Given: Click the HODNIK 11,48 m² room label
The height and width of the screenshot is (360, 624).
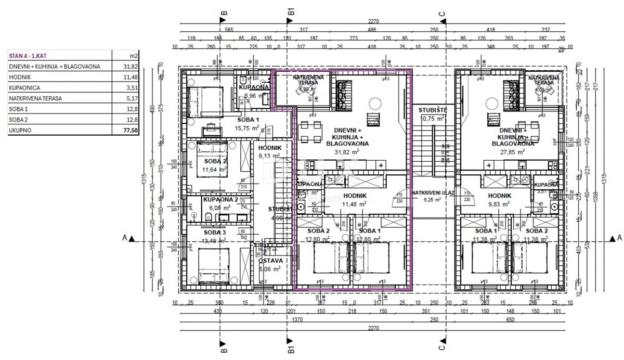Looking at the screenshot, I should click(x=355, y=200).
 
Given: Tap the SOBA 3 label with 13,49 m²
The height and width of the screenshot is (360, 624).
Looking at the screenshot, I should click(x=215, y=236).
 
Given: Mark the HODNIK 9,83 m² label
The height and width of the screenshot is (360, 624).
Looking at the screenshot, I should click(x=500, y=200).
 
